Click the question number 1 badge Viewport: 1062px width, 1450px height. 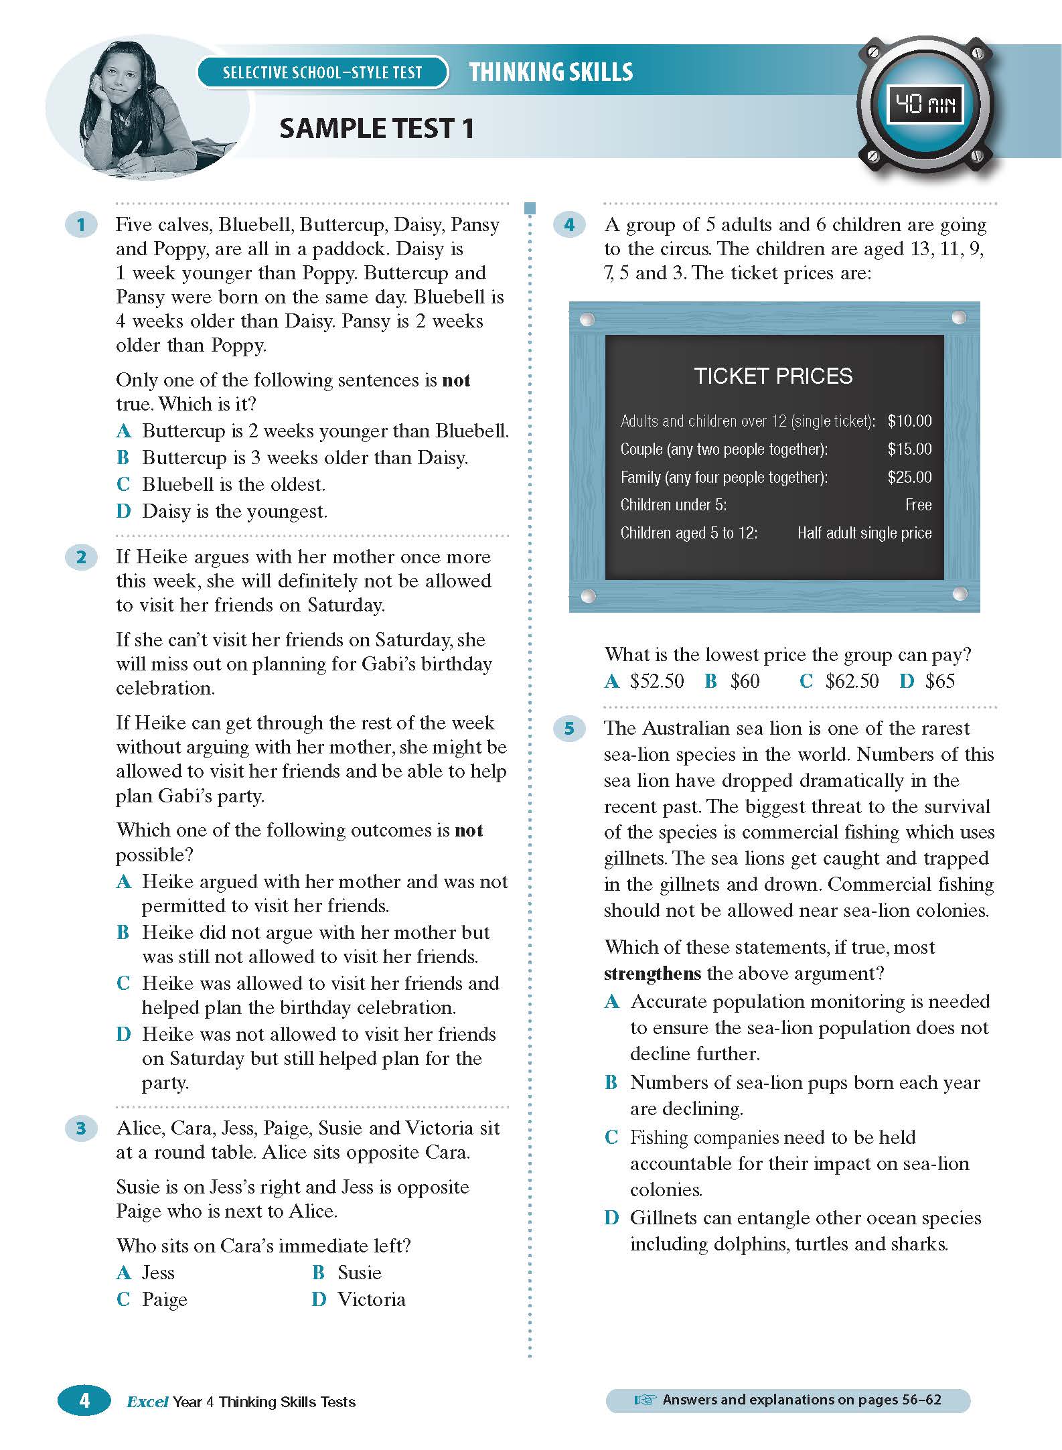[x=81, y=224]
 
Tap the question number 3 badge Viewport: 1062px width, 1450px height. [x=81, y=1129]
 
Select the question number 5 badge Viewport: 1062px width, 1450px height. [x=569, y=728]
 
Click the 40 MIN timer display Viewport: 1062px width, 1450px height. [x=925, y=104]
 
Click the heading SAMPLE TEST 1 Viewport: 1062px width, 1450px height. [x=376, y=128]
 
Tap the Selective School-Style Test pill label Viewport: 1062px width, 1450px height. [x=322, y=72]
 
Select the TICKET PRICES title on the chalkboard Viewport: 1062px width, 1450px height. [x=773, y=376]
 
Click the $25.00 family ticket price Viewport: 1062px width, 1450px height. [x=909, y=477]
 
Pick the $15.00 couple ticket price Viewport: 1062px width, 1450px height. [x=909, y=449]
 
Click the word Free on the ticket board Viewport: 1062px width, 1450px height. [x=918, y=505]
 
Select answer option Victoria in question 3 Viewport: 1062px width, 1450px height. [x=371, y=1300]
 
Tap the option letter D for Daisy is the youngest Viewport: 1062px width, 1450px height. [x=123, y=512]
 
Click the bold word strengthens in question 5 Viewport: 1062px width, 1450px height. [x=652, y=973]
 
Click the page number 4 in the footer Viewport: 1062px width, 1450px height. [x=84, y=1400]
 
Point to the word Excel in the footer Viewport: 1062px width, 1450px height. [x=147, y=1402]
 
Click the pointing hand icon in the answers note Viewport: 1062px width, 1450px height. [x=644, y=1400]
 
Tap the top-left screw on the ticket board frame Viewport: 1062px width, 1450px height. [x=587, y=319]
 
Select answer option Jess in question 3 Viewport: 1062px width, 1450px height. [x=158, y=1273]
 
